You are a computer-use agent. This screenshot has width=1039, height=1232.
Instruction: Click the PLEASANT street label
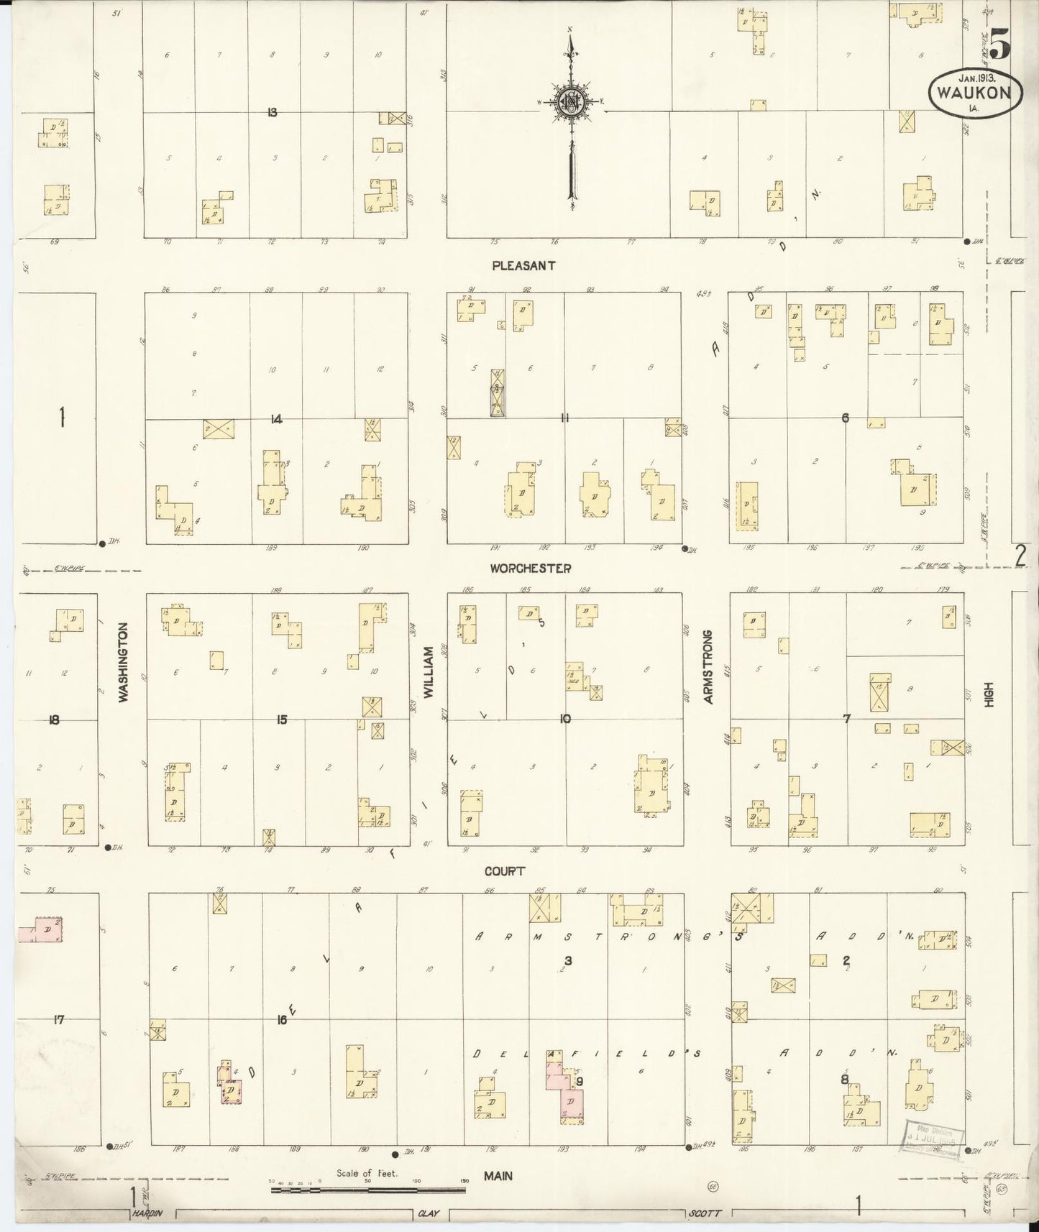point(523,265)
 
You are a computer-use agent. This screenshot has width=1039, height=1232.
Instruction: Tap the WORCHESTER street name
point(531,568)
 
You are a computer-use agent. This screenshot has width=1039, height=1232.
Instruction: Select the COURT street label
point(504,871)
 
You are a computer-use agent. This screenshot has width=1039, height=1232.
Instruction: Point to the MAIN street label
point(498,1176)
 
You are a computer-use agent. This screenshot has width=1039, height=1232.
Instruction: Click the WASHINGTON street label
point(123,662)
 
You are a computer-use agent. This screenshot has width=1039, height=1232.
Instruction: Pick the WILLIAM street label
point(428,673)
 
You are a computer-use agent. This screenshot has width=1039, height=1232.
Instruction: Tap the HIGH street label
point(989,695)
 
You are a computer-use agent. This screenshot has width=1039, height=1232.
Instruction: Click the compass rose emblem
point(571,103)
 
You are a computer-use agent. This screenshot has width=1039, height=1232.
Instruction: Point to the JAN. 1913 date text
point(978,76)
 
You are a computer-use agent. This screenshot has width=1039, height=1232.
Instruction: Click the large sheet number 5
point(999,43)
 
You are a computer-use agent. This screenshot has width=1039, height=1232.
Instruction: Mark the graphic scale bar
point(368,1190)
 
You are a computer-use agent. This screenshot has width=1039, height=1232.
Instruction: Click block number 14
point(276,419)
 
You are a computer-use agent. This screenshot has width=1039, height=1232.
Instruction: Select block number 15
point(281,720)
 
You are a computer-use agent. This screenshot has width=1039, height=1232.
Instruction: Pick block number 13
point(273,112)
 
